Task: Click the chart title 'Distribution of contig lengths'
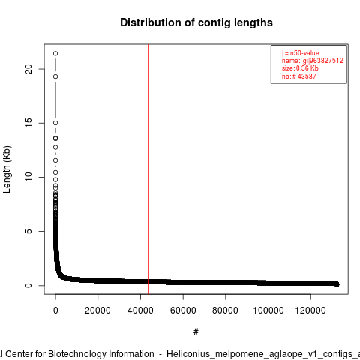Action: tap(196, 22)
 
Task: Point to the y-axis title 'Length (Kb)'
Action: tap(7, 169)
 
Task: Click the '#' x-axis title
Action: tap(196, 332)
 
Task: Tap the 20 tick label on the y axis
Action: tap(28, 69)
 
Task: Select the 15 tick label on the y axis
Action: tap(28, 123)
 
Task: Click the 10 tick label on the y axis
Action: tap(28, 177)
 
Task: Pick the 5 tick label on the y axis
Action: tap(28, 231)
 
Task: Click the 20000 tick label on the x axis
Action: tap(97, 310)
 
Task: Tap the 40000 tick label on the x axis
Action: tap(140, 310)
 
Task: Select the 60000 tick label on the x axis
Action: tap(183, 310)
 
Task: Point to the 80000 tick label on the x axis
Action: tap(225, 310)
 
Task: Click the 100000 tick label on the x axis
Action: tap(268, 310)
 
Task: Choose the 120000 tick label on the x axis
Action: tap(310, 310)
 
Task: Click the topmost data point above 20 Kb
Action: tap(55, 53)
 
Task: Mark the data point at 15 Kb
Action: tap(55, 123)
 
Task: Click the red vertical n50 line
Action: tap(148, 169)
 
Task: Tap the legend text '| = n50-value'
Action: tap(300, 53)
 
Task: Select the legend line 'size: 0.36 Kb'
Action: tap(300, 68)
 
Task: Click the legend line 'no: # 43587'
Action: tap(299, 76)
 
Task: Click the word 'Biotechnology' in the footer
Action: tap(101, 354)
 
